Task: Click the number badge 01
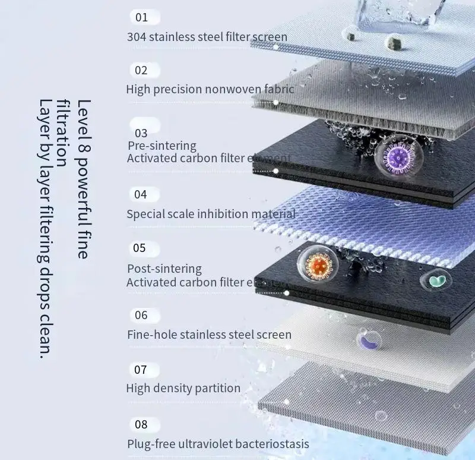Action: pyautogui.click(x=141, y=17)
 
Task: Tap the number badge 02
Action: pyautogui.click(x=141, y=70)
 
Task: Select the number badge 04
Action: pyautogui.click(x=141, y=194)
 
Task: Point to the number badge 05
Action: pyautogui.click(x=140, y=248)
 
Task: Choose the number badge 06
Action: pyautogui.click(x=141, y=315)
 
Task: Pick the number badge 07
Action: pyautogui.click(x=141, y=370)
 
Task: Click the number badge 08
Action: pyautogui.click(x=141, y=424)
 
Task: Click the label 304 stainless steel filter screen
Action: pyautogui.click(x=207, y=37)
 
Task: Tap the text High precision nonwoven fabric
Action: pyautogui.click(x=210, y=90)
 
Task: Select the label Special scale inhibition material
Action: pyautogui.click(x=211, y=214)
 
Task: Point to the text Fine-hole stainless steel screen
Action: pyautogui.click(x=209, y=335)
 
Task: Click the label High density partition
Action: pyautogui.click(x=183, y=389)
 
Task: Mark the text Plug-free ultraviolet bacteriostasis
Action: pyautogui.click(x=218, y=444)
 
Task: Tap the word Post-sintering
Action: pyautogui.click(x=164, y=269)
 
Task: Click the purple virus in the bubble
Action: pyautogui.click(x=394, y=158)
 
